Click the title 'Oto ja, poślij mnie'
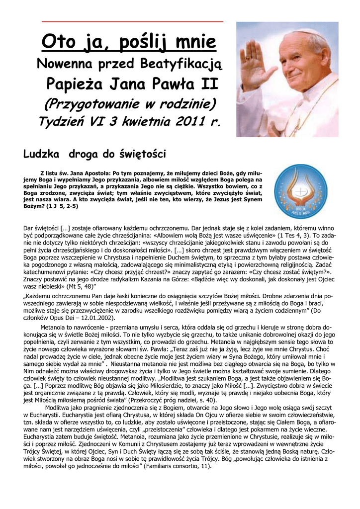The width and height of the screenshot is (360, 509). [x=129, y=41]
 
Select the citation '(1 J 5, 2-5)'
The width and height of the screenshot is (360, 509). [x=63, y=205]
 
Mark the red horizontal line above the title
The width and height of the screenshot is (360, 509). [x=132, y=22]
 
